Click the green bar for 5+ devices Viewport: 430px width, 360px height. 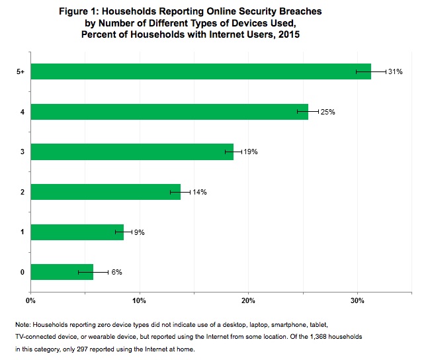[x=198, y=71]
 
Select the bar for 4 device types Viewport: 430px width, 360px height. [x=169, y=111]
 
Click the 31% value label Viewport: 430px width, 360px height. [x=396, y=71]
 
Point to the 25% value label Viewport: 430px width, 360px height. [x=328, y=111]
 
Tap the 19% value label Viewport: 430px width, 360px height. [x=250, y=152]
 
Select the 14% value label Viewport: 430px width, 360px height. [x=200, y=192]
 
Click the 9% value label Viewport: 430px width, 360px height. [x=140, y=232]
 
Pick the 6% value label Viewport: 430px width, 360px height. [x=116, y=272]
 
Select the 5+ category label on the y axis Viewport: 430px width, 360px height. [x=21, y=71]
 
